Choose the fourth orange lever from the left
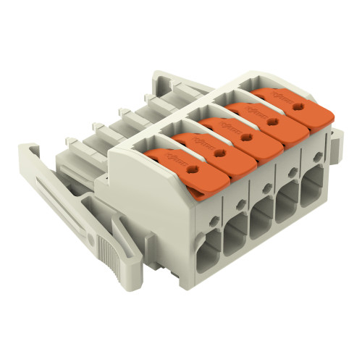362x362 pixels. click(x=261, y=119)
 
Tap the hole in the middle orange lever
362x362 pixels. click(x=246, y=135)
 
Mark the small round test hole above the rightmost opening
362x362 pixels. click(x=317, y=159)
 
